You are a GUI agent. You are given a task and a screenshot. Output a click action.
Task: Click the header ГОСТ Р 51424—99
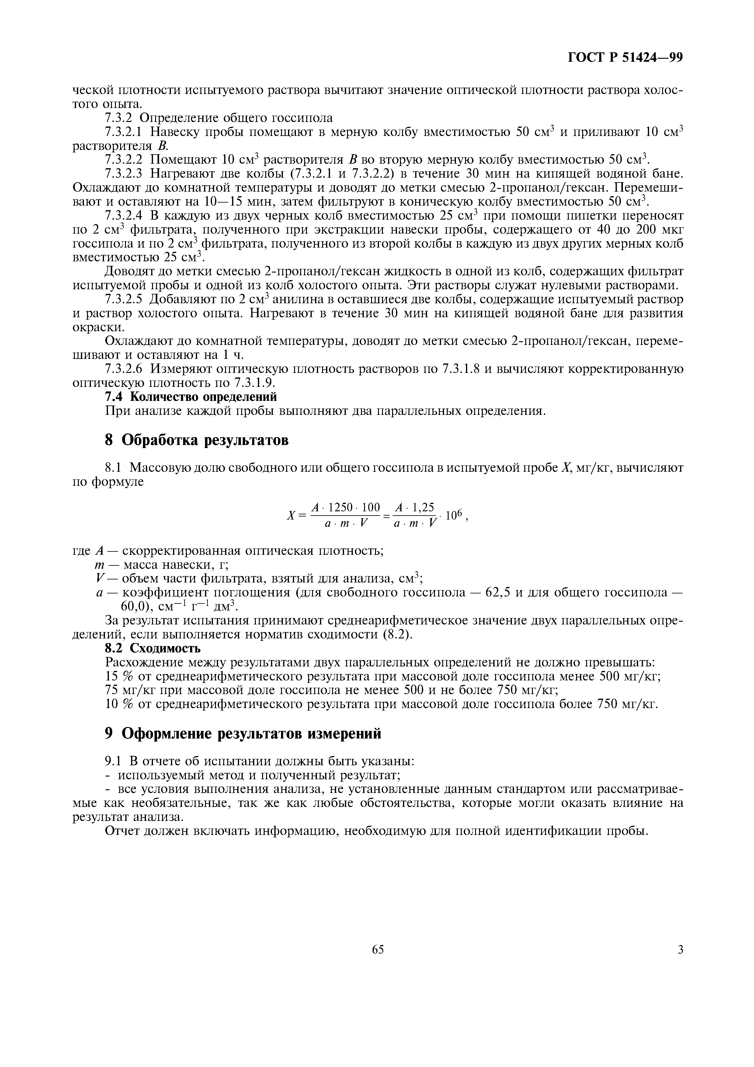[625, 57]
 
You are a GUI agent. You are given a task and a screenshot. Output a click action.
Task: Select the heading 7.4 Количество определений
[191, 397]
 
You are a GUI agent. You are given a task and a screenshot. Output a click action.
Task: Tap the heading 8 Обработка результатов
[196, 440]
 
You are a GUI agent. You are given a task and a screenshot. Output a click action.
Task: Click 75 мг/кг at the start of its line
[131, 690]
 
